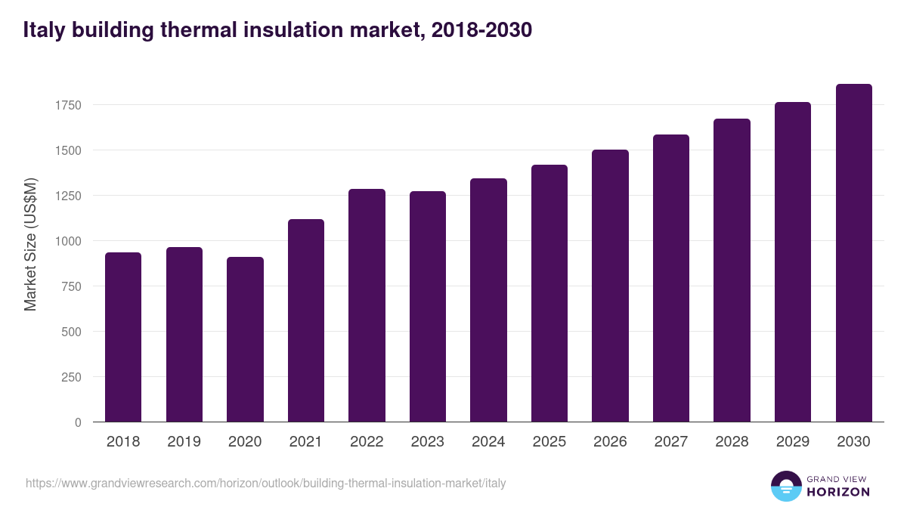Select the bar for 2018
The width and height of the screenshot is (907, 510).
coord(123,337)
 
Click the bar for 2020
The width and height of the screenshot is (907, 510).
coord(245,339)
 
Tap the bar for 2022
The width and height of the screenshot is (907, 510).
coord(367,305)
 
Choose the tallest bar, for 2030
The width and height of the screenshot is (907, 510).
coord(853,253)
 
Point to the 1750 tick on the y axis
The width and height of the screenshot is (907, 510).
coord(68,105)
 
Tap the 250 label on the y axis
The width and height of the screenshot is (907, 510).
coord(71,377)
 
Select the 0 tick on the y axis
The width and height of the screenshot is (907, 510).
coord(78,422)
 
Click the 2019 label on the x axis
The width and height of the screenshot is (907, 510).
coord(184,442)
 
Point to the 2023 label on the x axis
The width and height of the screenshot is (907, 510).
coord(427,442)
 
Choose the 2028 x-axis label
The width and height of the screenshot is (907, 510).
coord(732,442)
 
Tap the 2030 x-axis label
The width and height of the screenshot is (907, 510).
coord(853,442)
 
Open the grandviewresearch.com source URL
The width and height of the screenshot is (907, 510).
coord(265,483)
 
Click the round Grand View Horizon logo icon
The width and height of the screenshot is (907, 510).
coord(785,486)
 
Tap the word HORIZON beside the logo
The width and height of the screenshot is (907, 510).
coord(839,492)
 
